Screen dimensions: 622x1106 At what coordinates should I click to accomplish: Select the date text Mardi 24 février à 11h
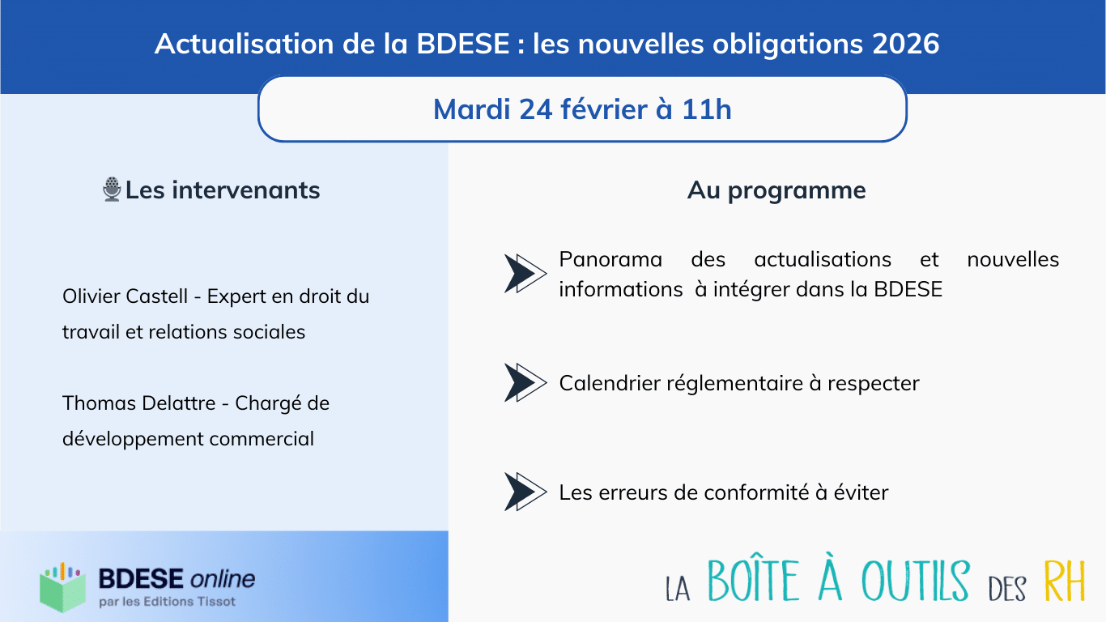tap(582, 109)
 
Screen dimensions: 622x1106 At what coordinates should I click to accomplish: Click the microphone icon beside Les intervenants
tap(112, 190)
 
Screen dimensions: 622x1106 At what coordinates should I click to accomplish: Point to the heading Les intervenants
tap(223, 190)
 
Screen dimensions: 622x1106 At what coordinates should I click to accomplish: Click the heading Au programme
tap(776, 190)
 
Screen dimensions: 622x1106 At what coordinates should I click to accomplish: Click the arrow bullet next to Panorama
tap(525, 273)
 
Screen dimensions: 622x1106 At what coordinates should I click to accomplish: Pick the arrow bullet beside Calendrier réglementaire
tap(525, 382)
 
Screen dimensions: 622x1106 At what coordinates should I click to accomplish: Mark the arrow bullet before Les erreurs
tap(525, 492)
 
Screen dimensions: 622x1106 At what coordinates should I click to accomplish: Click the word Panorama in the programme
tap(610, 260)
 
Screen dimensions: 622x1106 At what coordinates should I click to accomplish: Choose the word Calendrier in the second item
tap(610, 382)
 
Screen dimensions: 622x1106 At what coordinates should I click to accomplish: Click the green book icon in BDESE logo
tap(62, 587)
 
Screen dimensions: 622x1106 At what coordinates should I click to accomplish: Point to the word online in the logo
tap(222, 578)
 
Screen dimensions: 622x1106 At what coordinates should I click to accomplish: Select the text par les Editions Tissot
tap(167, 602)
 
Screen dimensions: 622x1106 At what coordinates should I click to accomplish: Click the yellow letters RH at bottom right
tap(1064, 582)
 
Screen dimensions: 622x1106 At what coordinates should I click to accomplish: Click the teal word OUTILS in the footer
tap(915, 582)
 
